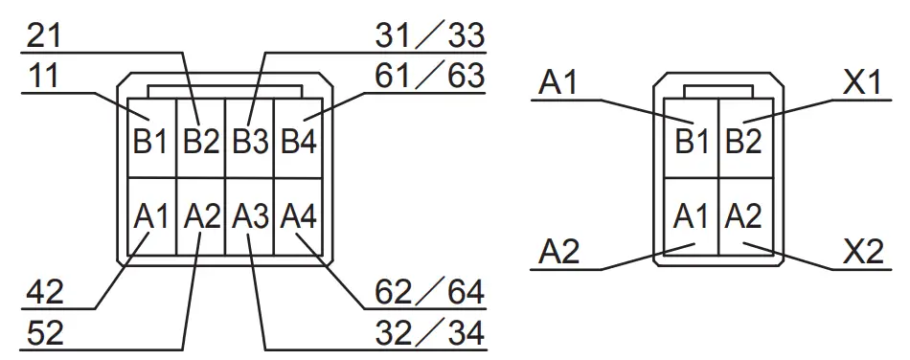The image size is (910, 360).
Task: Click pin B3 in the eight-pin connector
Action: coord(249,143)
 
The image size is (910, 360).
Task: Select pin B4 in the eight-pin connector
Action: coord(299,143)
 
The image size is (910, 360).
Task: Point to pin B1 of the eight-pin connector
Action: coord(149,143)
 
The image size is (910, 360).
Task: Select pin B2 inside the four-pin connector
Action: coord(743,143)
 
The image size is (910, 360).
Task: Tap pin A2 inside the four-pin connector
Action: coord(743,216)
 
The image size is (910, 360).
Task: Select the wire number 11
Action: coord(43,77)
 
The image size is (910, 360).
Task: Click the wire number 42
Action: coord(47,291)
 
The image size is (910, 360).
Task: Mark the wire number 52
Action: coord(47,332)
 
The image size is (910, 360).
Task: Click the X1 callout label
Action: coord(861,83)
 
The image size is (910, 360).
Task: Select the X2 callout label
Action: coord(861,253)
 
